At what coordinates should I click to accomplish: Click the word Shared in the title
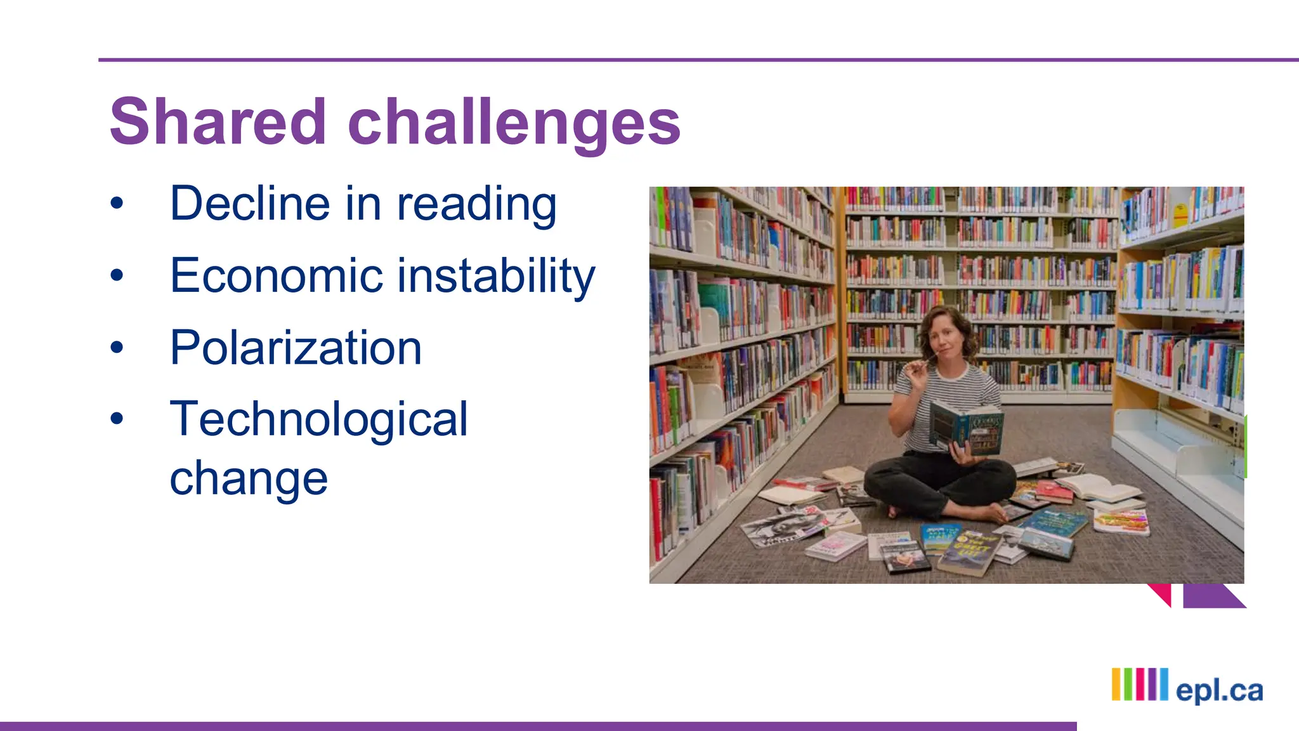click(218, 122)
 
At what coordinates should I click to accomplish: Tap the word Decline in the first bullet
click(251, 204)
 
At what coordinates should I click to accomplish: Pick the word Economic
click(277, 275)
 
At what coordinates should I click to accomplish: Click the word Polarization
click(296, 348)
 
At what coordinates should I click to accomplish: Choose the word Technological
click(318, 419)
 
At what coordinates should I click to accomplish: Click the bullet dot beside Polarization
click(117, 347)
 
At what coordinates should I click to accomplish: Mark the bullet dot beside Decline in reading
click(117, 204)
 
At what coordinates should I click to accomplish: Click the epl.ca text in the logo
click(1219, 690)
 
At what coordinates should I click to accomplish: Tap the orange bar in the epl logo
click(1116, 684)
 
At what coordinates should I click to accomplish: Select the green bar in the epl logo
click(1128, 684)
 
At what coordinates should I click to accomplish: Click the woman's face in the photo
click(944, 338)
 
